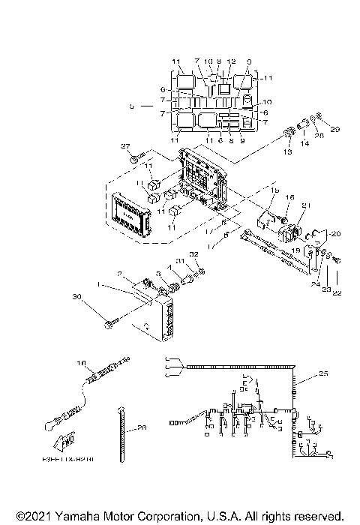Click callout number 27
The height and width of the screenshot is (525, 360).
(126, 146)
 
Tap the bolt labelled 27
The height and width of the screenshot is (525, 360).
(133, 158)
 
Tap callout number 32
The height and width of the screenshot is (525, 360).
(193, 255)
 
